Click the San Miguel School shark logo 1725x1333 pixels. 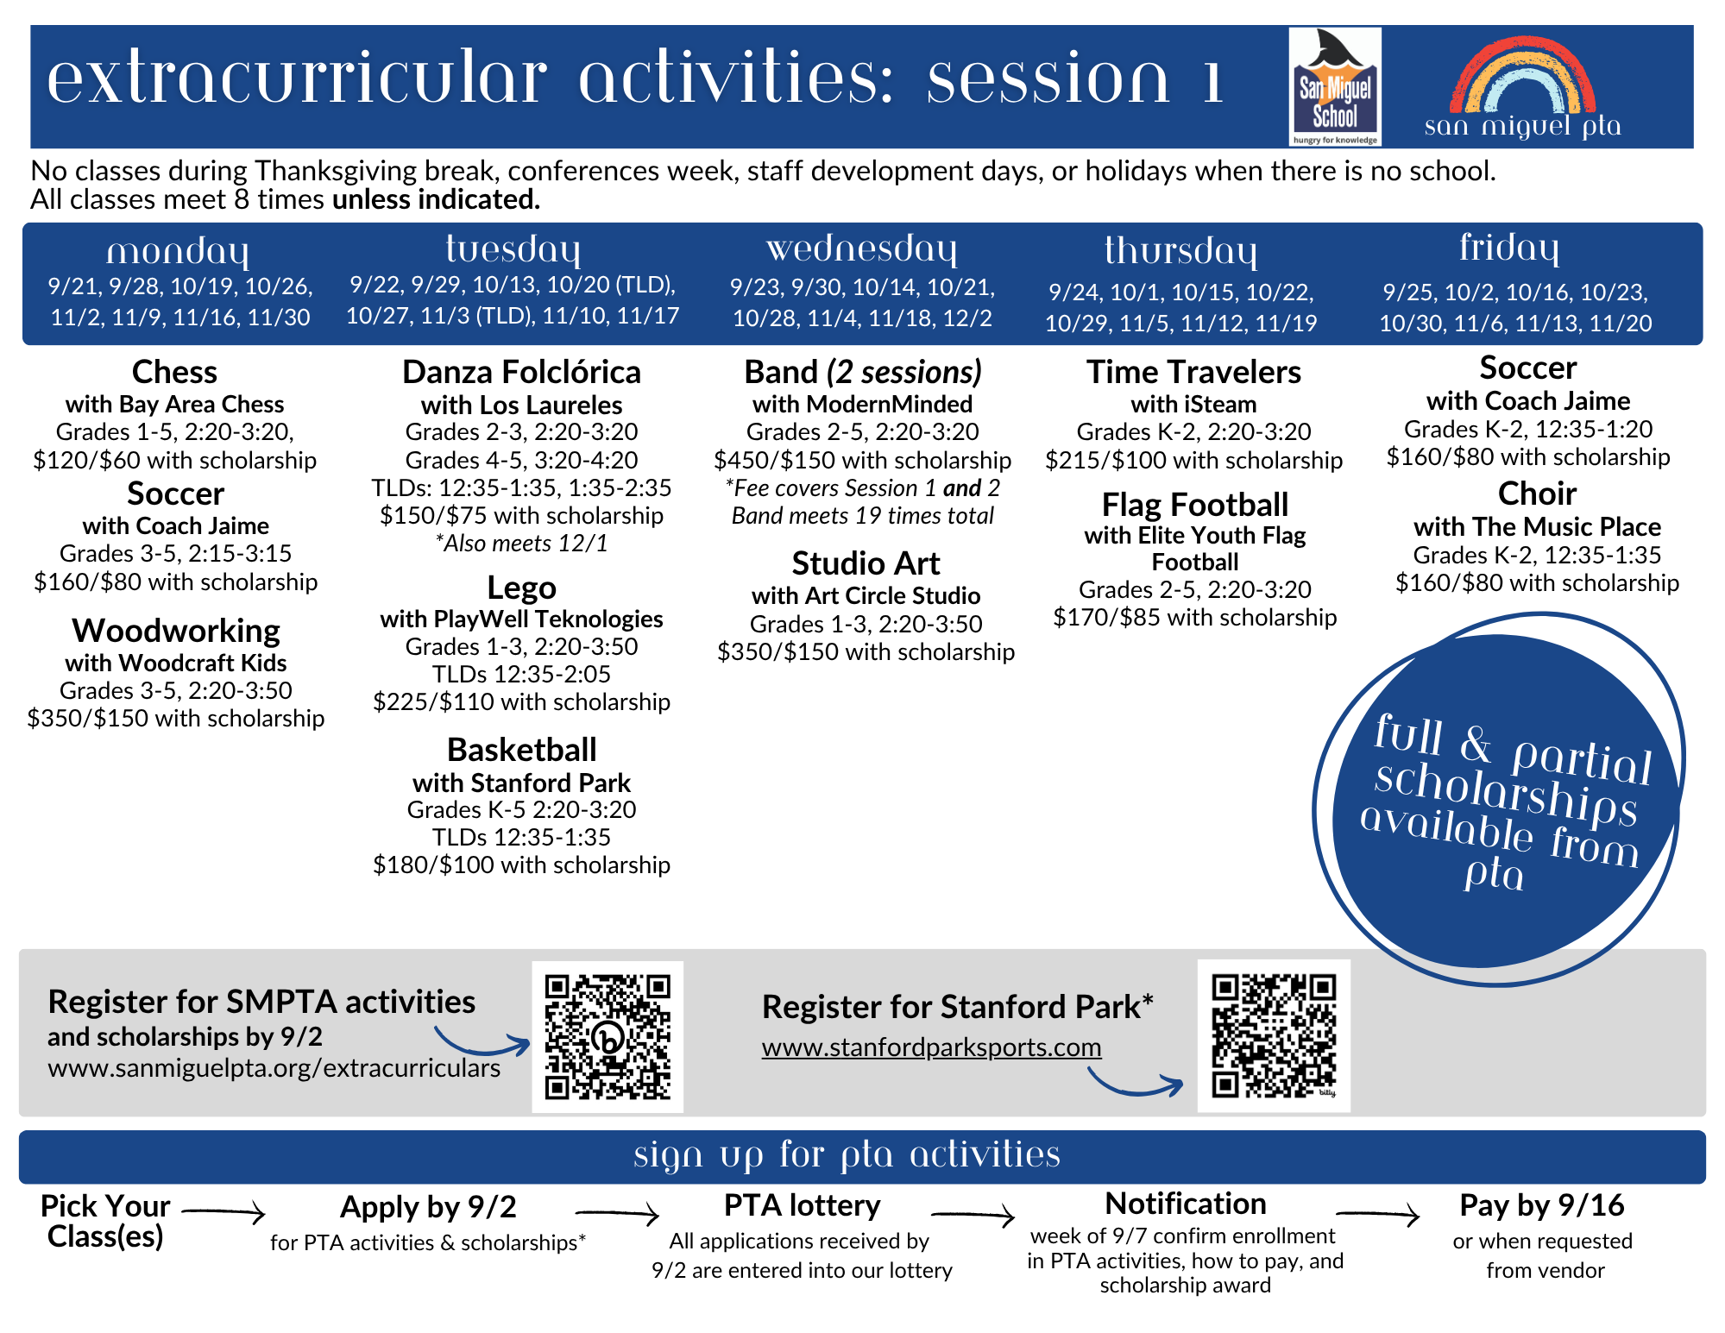click(1334, 86)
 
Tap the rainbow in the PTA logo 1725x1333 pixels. click(1522, 75)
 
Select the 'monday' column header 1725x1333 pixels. click(178, 252)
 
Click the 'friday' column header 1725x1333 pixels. click(1509, 248)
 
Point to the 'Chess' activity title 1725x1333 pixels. click(174, 372)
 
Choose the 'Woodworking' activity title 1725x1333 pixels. click(176, 631)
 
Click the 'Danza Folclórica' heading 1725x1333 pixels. click(521, 372)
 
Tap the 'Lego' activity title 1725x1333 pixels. click(521, 588)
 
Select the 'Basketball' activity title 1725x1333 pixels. click(521, 750)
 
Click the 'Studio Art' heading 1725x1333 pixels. click(866, 563)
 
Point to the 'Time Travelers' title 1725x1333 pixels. click(1193, 372)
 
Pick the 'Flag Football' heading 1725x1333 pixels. click(1194, 504)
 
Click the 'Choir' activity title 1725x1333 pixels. click(1537, 494)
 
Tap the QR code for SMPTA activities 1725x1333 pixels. click(608, 1037)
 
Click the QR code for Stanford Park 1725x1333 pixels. click(1274, 1036)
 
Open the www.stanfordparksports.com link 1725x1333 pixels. click(931, 1047)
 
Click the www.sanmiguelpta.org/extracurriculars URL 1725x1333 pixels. click(274, 1068)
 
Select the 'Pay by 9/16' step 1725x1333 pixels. click(1541, 1205)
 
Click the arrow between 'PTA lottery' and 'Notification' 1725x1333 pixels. click(973, 1215)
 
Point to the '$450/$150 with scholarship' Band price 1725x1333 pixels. click(862, 460)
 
